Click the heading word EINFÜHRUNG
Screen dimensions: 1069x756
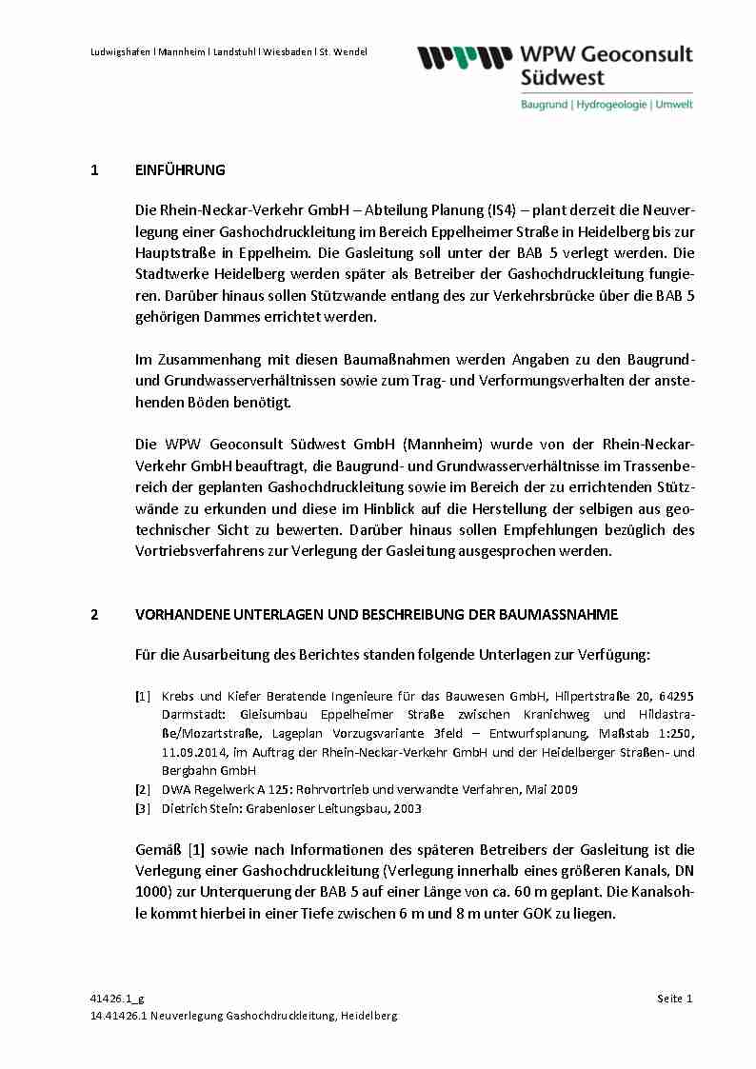pos(181,170)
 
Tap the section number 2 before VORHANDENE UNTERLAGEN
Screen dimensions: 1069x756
pos(94,614)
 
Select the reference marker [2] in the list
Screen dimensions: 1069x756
pos(143,789)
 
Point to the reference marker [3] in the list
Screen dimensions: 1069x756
pos(143,808)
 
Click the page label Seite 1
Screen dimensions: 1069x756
pos(675,998)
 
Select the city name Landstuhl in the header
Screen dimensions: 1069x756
pos(230,51)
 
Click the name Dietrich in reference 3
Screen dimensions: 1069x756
pos(185,808)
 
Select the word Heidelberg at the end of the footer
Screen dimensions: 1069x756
pos(368,1016)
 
